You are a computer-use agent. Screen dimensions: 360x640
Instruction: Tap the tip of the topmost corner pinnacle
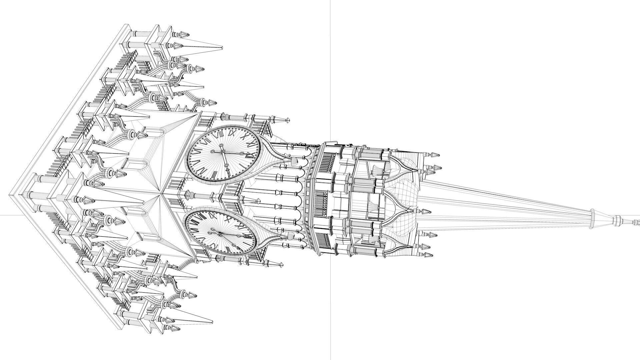(223, 48)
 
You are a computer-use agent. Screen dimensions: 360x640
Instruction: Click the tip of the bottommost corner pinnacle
(213, 322)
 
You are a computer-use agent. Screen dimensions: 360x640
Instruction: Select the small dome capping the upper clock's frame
(294, 161)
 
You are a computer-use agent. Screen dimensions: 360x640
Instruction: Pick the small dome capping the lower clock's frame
(291, 236)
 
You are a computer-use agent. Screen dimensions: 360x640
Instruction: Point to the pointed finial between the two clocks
(258, 201)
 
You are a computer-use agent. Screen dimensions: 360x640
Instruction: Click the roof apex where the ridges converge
(162, 192)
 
